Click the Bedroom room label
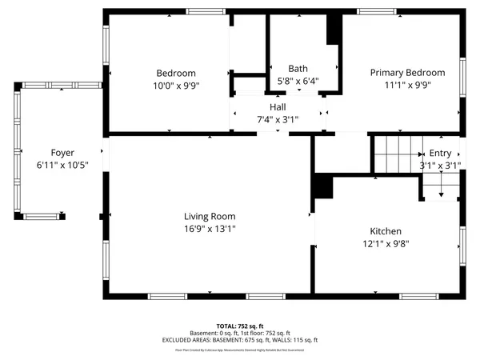coord(170,73)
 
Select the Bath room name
coord(298,69)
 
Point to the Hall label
coord(278,107)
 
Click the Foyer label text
coord(62,153)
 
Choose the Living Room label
coord(210,216)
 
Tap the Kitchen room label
coord(386,230)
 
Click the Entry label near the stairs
coord(440,154)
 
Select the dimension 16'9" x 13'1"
coord(210,228)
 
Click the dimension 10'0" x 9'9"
coord(170,85)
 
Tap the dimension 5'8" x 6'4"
coord(298,81)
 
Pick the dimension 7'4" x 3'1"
coord(278,119)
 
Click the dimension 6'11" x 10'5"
coord(62,165)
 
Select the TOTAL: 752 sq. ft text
coord(239,326)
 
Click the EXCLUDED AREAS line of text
coord(239,340)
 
